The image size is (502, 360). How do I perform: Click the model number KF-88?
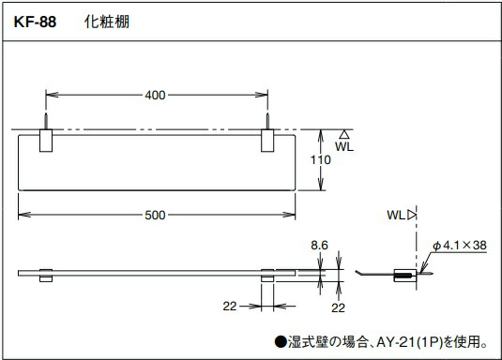coord(36,22)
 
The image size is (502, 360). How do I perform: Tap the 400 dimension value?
coord(157,95)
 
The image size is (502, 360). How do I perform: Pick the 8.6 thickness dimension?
coord(318,246)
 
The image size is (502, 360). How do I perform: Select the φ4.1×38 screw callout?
coord(461,246)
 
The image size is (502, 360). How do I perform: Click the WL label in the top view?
coord(345,148)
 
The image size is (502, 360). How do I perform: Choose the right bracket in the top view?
coord(268,142)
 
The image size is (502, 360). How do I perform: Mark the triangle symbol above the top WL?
coord(345,135)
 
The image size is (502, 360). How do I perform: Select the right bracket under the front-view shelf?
coord(267,278)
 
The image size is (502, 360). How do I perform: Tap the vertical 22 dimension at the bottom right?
coord(336,308)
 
